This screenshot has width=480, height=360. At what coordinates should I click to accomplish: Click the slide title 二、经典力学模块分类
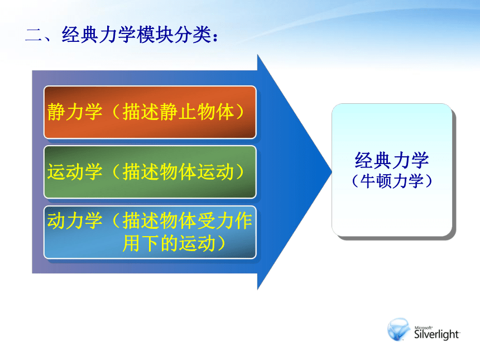coord(122,34)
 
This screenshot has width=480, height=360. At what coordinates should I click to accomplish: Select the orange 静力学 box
coord(150,112)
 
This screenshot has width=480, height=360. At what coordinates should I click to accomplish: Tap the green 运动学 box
coord(150,172)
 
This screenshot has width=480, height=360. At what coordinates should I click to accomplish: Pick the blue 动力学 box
coord(150,232)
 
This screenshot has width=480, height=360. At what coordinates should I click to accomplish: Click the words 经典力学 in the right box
coord(392,160)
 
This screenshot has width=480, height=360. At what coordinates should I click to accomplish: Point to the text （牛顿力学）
coord(392,181)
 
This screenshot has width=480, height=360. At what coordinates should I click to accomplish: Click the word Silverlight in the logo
coord(437,334)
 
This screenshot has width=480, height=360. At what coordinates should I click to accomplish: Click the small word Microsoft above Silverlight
coord(424,328)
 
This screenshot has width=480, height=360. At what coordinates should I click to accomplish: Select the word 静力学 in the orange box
coord(75,112)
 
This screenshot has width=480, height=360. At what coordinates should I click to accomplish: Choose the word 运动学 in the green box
coord(75,172)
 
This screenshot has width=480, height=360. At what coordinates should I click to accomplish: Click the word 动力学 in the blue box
coord(75,220)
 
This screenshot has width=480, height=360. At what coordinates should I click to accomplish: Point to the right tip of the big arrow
coord(332,172)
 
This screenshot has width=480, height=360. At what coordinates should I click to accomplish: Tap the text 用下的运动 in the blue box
coord(169,244)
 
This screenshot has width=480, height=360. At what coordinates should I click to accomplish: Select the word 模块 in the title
coord(155,34)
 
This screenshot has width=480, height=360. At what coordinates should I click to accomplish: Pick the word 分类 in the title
coord(193,34)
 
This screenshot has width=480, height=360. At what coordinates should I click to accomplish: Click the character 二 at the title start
coord(34,35)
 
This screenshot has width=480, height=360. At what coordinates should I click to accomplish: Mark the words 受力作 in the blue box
coord(225,220)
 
